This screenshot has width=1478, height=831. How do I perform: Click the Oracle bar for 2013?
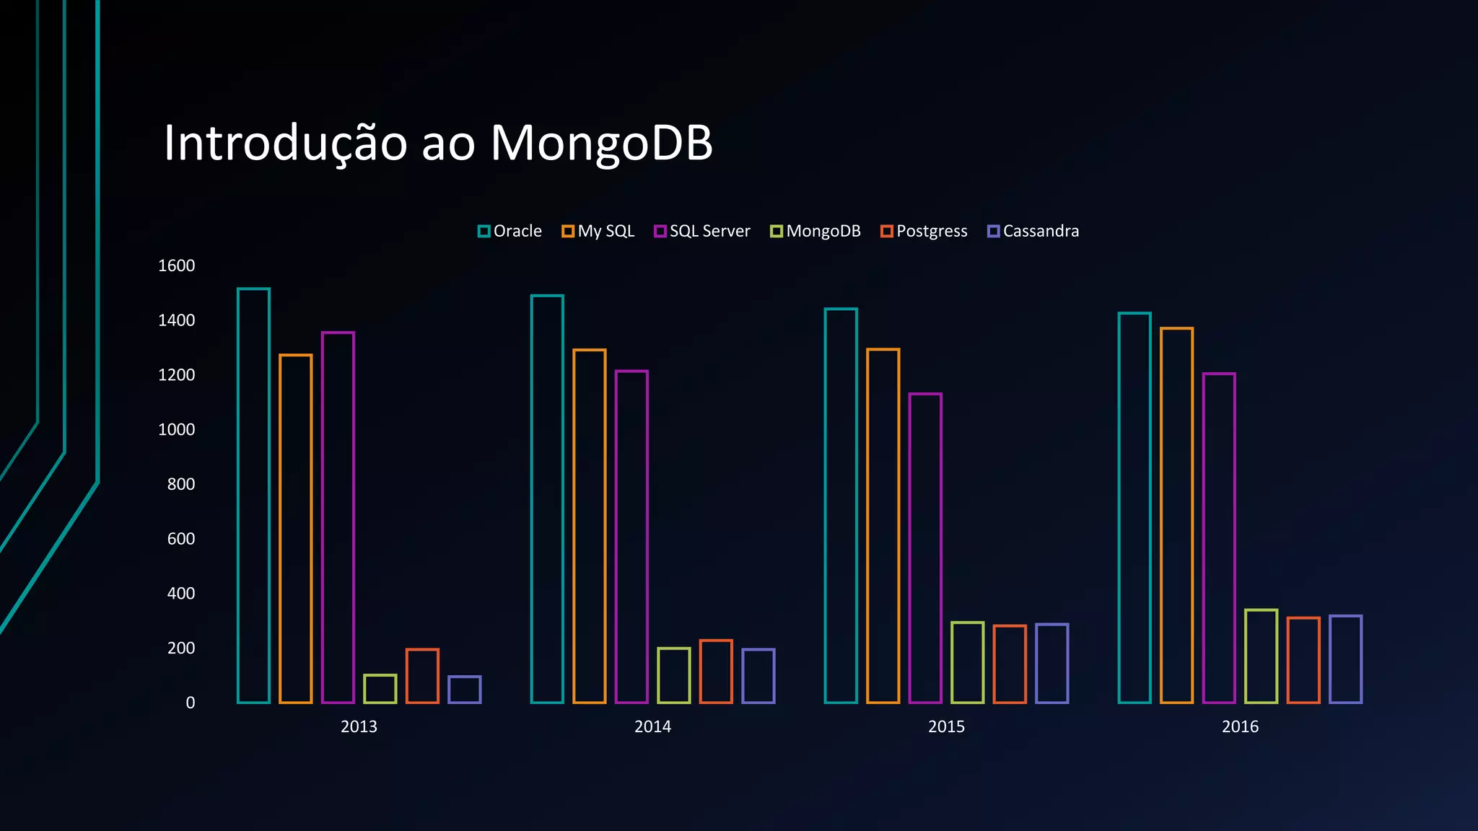coord(253,496)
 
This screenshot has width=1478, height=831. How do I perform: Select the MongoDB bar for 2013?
coord(380,689)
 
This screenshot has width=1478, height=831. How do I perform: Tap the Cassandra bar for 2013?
coord(464,690)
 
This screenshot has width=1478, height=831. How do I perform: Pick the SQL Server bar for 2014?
coord(631,537)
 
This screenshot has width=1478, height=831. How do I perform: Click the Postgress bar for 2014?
coord(716,672)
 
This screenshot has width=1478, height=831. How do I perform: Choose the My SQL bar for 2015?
coord(883,526)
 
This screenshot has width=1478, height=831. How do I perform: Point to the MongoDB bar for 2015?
coord(967,662)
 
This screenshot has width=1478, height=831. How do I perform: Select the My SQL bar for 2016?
coord(1176,515)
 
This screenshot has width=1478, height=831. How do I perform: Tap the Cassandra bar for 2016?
coord(1345,659)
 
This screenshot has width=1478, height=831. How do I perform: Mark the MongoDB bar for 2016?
coord(1261,656)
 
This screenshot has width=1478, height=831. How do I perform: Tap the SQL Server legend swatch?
coord(660,232)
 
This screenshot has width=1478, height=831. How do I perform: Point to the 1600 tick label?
coord(176,265)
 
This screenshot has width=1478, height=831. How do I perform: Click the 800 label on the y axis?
coord(180,484)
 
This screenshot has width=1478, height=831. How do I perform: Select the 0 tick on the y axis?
coord(190,703)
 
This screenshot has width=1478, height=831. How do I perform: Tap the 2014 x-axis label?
coord(652,726)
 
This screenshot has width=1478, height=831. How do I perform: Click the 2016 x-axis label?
coord(1240,726)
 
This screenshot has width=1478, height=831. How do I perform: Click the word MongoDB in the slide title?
coord(601,143)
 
